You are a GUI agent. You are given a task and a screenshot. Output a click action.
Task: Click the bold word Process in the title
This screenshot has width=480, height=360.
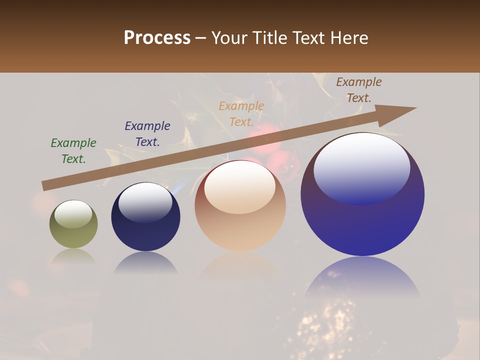pos(157,38)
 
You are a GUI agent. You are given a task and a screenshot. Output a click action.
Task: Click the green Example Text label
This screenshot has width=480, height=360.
pos(73,151)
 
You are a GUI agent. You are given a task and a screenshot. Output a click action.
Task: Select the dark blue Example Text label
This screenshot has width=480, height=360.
pos(147,134)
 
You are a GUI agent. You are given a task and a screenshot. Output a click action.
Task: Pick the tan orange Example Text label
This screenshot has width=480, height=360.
pos(241,114)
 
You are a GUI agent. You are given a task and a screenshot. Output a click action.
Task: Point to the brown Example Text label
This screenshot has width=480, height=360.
pos(359,90)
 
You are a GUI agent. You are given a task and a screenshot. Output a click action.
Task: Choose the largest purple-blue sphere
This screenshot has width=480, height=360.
pos(362,220)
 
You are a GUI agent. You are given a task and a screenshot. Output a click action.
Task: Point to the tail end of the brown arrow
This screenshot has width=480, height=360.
pos(46,185)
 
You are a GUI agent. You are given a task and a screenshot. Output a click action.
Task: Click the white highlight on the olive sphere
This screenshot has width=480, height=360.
pos(73,214)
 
